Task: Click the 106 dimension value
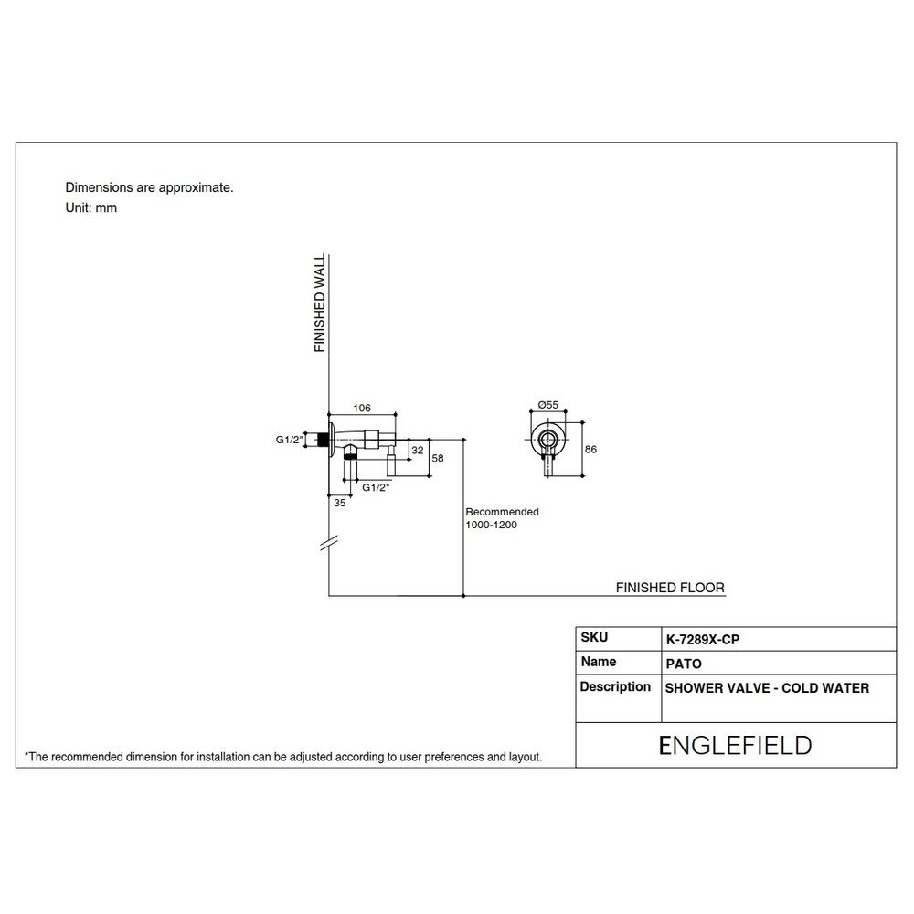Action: [x=361, y=408]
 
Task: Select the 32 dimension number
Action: [x=418, y=450]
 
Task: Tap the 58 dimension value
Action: [x=438, y=458]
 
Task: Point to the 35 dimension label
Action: [x=339, y=503]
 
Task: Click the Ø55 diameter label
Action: [x=547, y=405]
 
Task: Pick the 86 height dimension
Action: [x=590, y=450]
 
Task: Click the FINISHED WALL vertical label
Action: [x=319, y=303]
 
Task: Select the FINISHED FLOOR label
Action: [x=670, y=588]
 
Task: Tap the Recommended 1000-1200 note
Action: [x=501, y=518]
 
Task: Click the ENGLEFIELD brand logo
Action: [x=735, y=746]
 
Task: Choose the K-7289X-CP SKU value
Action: [x=702, y=640]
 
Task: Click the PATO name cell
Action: [x=684, y=664]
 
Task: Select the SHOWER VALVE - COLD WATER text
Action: [x=767, y=688]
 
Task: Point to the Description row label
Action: [x=615, y=686]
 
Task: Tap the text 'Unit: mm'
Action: [x=90, y=208]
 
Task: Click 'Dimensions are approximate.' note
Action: [x=149, y=187]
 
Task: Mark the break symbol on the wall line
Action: [x=329, y=544]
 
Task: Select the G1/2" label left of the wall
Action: [x=290, y=440]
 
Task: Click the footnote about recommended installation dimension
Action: [x=283, y=757]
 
